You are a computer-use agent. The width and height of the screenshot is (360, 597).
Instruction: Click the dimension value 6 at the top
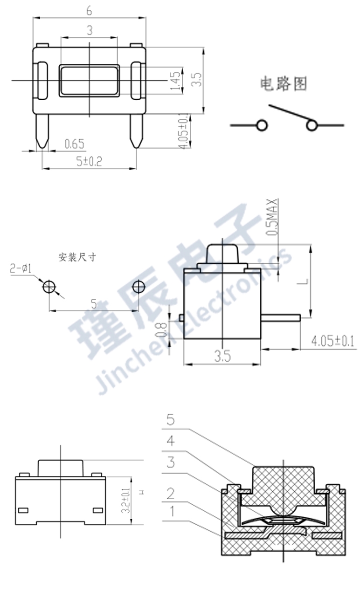pos(89,9)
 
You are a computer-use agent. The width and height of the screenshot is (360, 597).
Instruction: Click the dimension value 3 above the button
pos(89,30)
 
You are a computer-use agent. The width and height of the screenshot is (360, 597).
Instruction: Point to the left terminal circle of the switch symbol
pos(262,125)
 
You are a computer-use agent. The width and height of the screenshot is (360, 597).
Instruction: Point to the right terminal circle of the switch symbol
pos(311,125)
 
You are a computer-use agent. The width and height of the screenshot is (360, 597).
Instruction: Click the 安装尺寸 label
pos(77,257)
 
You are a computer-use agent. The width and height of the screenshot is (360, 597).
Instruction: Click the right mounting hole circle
pos(138,287)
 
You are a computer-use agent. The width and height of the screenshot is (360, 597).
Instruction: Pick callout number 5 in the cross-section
pos(170,420)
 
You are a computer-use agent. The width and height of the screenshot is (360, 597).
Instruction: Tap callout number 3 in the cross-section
pos(171,463)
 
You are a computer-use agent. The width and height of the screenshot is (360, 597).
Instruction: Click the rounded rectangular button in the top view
pos(89,81)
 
